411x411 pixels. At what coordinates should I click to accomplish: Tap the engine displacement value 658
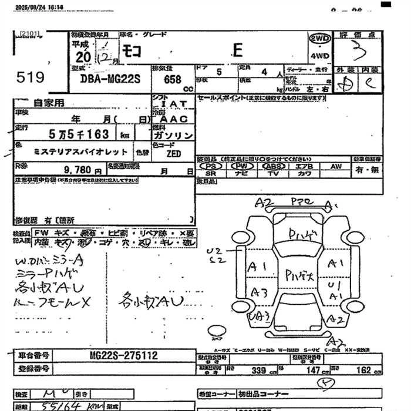coord(165,79)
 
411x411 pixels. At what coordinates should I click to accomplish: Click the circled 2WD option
coord(319,38)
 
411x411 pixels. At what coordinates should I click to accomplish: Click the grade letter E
coord(237,50)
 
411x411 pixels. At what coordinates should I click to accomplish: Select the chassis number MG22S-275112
coord(124,356)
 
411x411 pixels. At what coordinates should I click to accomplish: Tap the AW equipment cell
coord(336,166)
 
